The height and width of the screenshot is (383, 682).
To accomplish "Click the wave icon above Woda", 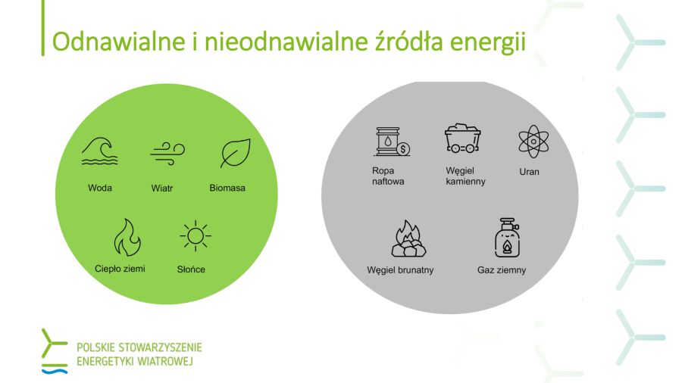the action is coord(99,151).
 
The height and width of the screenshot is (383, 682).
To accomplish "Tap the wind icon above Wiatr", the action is coord(167,154).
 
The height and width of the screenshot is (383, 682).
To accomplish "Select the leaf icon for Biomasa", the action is coord(236,153).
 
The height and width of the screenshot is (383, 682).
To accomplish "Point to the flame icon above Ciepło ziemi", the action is coord(127,237).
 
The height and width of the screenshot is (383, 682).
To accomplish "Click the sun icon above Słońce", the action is coord(196,236).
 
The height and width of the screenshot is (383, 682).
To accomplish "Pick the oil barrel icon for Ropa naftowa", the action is coord(392,142).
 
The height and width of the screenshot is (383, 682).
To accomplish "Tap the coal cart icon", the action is coord(462,139).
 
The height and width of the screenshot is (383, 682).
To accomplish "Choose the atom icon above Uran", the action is coord(533,142).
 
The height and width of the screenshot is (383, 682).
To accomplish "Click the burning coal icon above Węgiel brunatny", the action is coord(408,238).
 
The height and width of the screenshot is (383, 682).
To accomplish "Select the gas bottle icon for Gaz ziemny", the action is coord(507,238).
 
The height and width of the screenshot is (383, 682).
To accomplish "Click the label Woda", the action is coord(100,188).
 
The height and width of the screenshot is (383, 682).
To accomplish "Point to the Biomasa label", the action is coord(227,188).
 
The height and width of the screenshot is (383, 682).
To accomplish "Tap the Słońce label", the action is coord(191,269).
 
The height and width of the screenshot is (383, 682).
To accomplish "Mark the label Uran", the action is coord(530,172).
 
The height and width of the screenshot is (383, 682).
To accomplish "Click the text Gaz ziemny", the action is coord(502,270).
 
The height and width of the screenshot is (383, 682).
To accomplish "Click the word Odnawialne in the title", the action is coord(119,42).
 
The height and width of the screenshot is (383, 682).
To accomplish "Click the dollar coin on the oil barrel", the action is coord(404,149).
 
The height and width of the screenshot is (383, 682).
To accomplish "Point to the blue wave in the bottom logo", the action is coord(55,372).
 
